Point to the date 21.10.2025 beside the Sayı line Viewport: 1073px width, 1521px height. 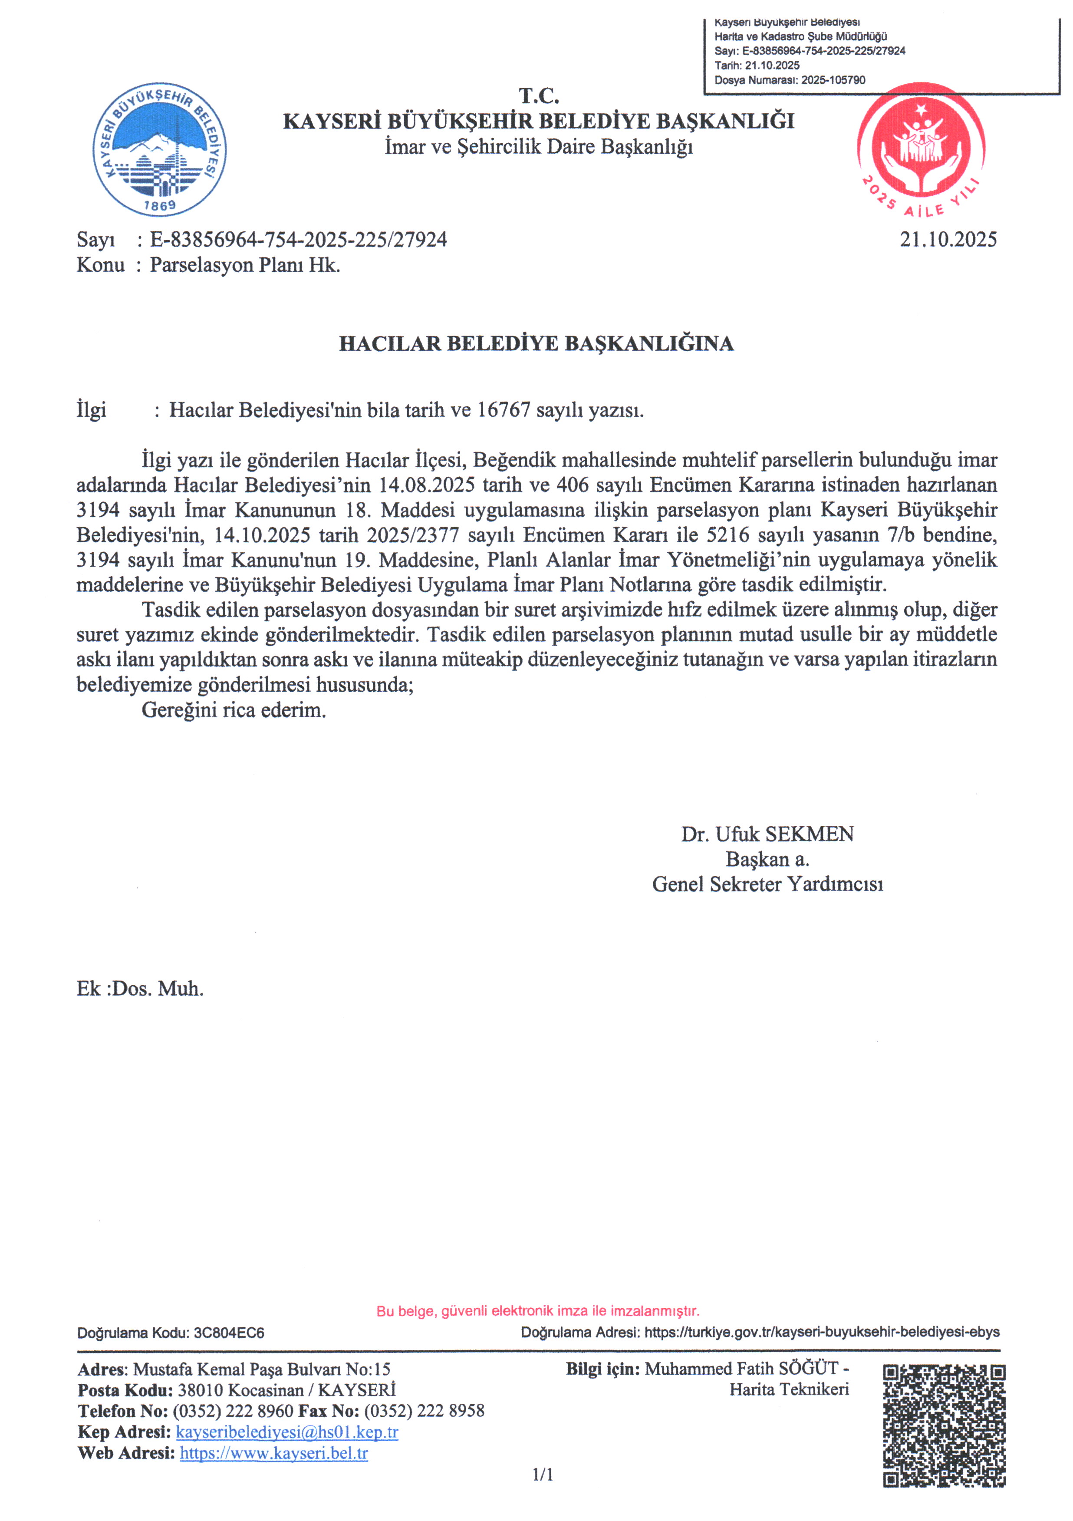[x=947, y=239]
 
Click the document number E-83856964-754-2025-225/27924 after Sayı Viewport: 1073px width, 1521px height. [x=298, y=239]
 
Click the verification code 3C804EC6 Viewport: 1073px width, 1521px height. [x=228, y=1332]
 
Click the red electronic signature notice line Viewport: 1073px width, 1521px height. [x=538, y=1310]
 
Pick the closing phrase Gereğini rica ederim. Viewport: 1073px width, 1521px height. [x=234, y=710]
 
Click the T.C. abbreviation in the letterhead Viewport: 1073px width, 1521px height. [x=539, y=96]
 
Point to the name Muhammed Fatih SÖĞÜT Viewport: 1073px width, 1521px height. [x=741, y=1369]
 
